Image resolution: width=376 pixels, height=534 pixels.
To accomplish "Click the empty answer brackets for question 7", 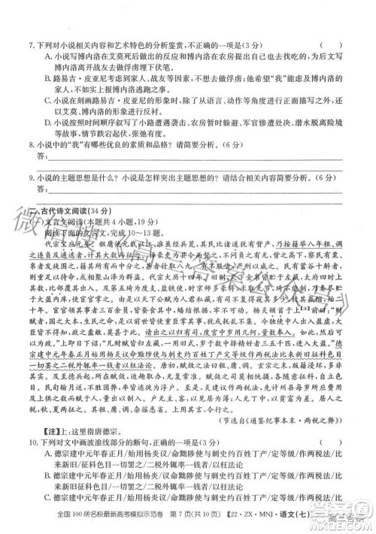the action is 331,44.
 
